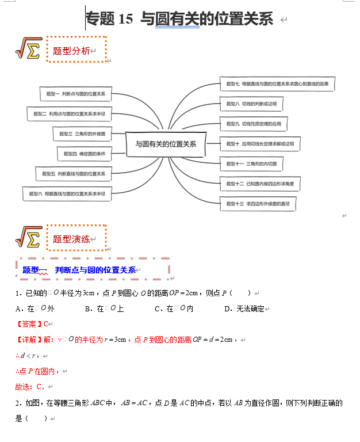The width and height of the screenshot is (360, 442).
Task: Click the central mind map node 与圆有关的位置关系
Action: pyautogui.click(x=166, y=144)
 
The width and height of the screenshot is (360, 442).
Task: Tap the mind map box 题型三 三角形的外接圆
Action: pyautogui.click(x=82, y=134)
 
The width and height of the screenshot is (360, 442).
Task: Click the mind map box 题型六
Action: pyautogui.click(x=67, y=194)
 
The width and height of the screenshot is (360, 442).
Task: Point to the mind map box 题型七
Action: pyautogui.click(x=277, y=83)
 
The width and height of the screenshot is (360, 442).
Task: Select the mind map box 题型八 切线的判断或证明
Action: pyautogui.click(x=251, y=104)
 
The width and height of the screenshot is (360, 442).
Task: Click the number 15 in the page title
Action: pyautogui.click(x=125, y=19)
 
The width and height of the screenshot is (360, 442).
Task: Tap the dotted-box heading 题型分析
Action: pyautogui.click(x=71, y=51)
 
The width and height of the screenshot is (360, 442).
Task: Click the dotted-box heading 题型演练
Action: pyautogui.click(x=71, y=239)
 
